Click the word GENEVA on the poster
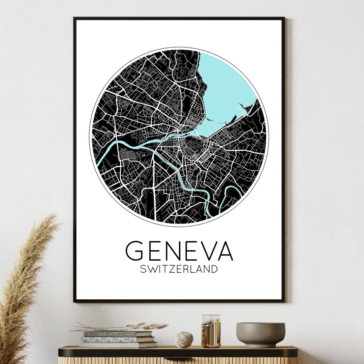point(179,251)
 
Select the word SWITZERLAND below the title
point(179,269)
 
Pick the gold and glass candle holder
point(211,331)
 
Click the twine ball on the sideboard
point(184,339)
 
